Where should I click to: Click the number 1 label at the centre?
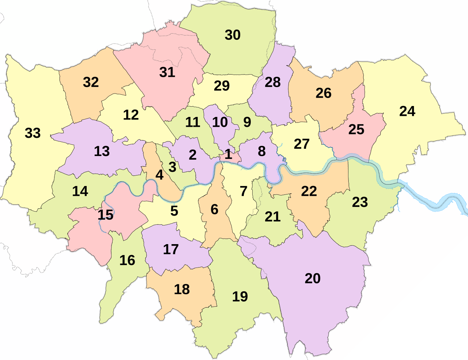(x=228, y=154)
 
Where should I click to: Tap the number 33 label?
(x=33, y=133)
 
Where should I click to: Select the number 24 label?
(x=407, y=111)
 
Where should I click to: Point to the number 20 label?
(x=312, y=278)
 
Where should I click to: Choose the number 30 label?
(x=233, y=35)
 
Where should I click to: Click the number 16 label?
(x=127, y=260)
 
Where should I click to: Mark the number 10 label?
(x=220, y=122)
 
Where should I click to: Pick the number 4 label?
(x=159, y=175)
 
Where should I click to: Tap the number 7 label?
(x=244, y=191)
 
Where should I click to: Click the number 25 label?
(x=356, y=129)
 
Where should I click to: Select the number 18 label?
(x=182, y=289)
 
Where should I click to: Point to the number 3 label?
(x=172, y=167)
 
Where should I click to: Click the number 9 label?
(x=247, y=122)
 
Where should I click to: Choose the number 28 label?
(x=273, y=82)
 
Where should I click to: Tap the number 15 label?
(x=105, y=215)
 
